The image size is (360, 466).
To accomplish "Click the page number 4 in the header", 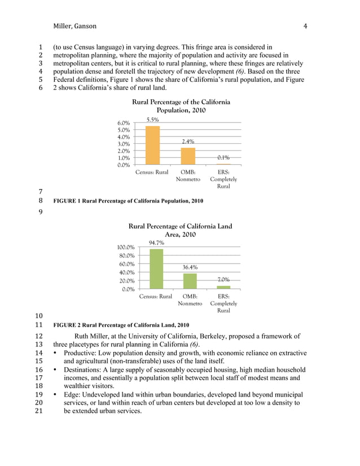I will point(305,26).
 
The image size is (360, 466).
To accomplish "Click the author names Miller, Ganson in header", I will point(74,26).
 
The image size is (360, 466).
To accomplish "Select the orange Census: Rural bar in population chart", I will point(152,146).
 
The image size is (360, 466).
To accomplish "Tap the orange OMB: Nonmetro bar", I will point(188,156).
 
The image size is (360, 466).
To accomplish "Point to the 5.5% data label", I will point(152,120).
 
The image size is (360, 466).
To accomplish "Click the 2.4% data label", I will point(188,142).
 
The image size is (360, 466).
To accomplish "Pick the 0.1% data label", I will point(223,158).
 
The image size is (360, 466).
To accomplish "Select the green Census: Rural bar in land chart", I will point(156,269).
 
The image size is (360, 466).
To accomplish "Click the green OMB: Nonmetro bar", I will point(190,281).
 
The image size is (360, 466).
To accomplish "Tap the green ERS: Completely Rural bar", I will point(223,287).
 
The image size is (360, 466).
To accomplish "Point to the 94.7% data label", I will point(156,243).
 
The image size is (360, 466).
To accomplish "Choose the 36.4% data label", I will point(190,267).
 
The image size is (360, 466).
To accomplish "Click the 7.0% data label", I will point(223,280).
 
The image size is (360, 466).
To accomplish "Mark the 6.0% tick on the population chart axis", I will point(124,123).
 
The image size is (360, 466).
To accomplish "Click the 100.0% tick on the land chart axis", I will point(125,248).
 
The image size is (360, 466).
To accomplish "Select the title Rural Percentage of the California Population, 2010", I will point(181,106).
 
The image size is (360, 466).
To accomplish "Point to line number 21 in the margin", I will point(40,412).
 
